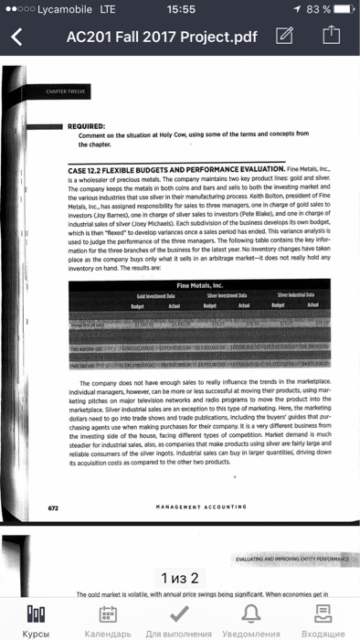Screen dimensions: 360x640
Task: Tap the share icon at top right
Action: tap(331, 37)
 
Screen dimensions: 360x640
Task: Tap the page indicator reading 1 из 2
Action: tap(179, 578)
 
